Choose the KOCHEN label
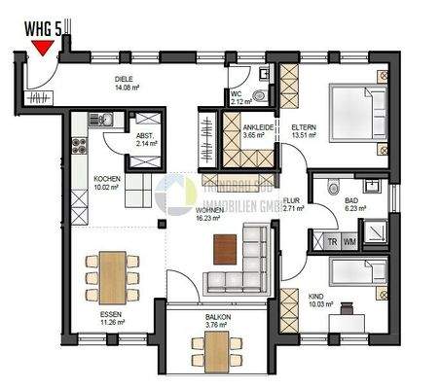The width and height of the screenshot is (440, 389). click(107, 179)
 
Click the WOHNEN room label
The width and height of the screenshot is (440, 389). click(208, 210)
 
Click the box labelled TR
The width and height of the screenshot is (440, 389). click(331, 243)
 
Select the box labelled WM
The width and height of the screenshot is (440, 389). click(349, 243)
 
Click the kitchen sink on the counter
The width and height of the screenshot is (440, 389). click(108, 120)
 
